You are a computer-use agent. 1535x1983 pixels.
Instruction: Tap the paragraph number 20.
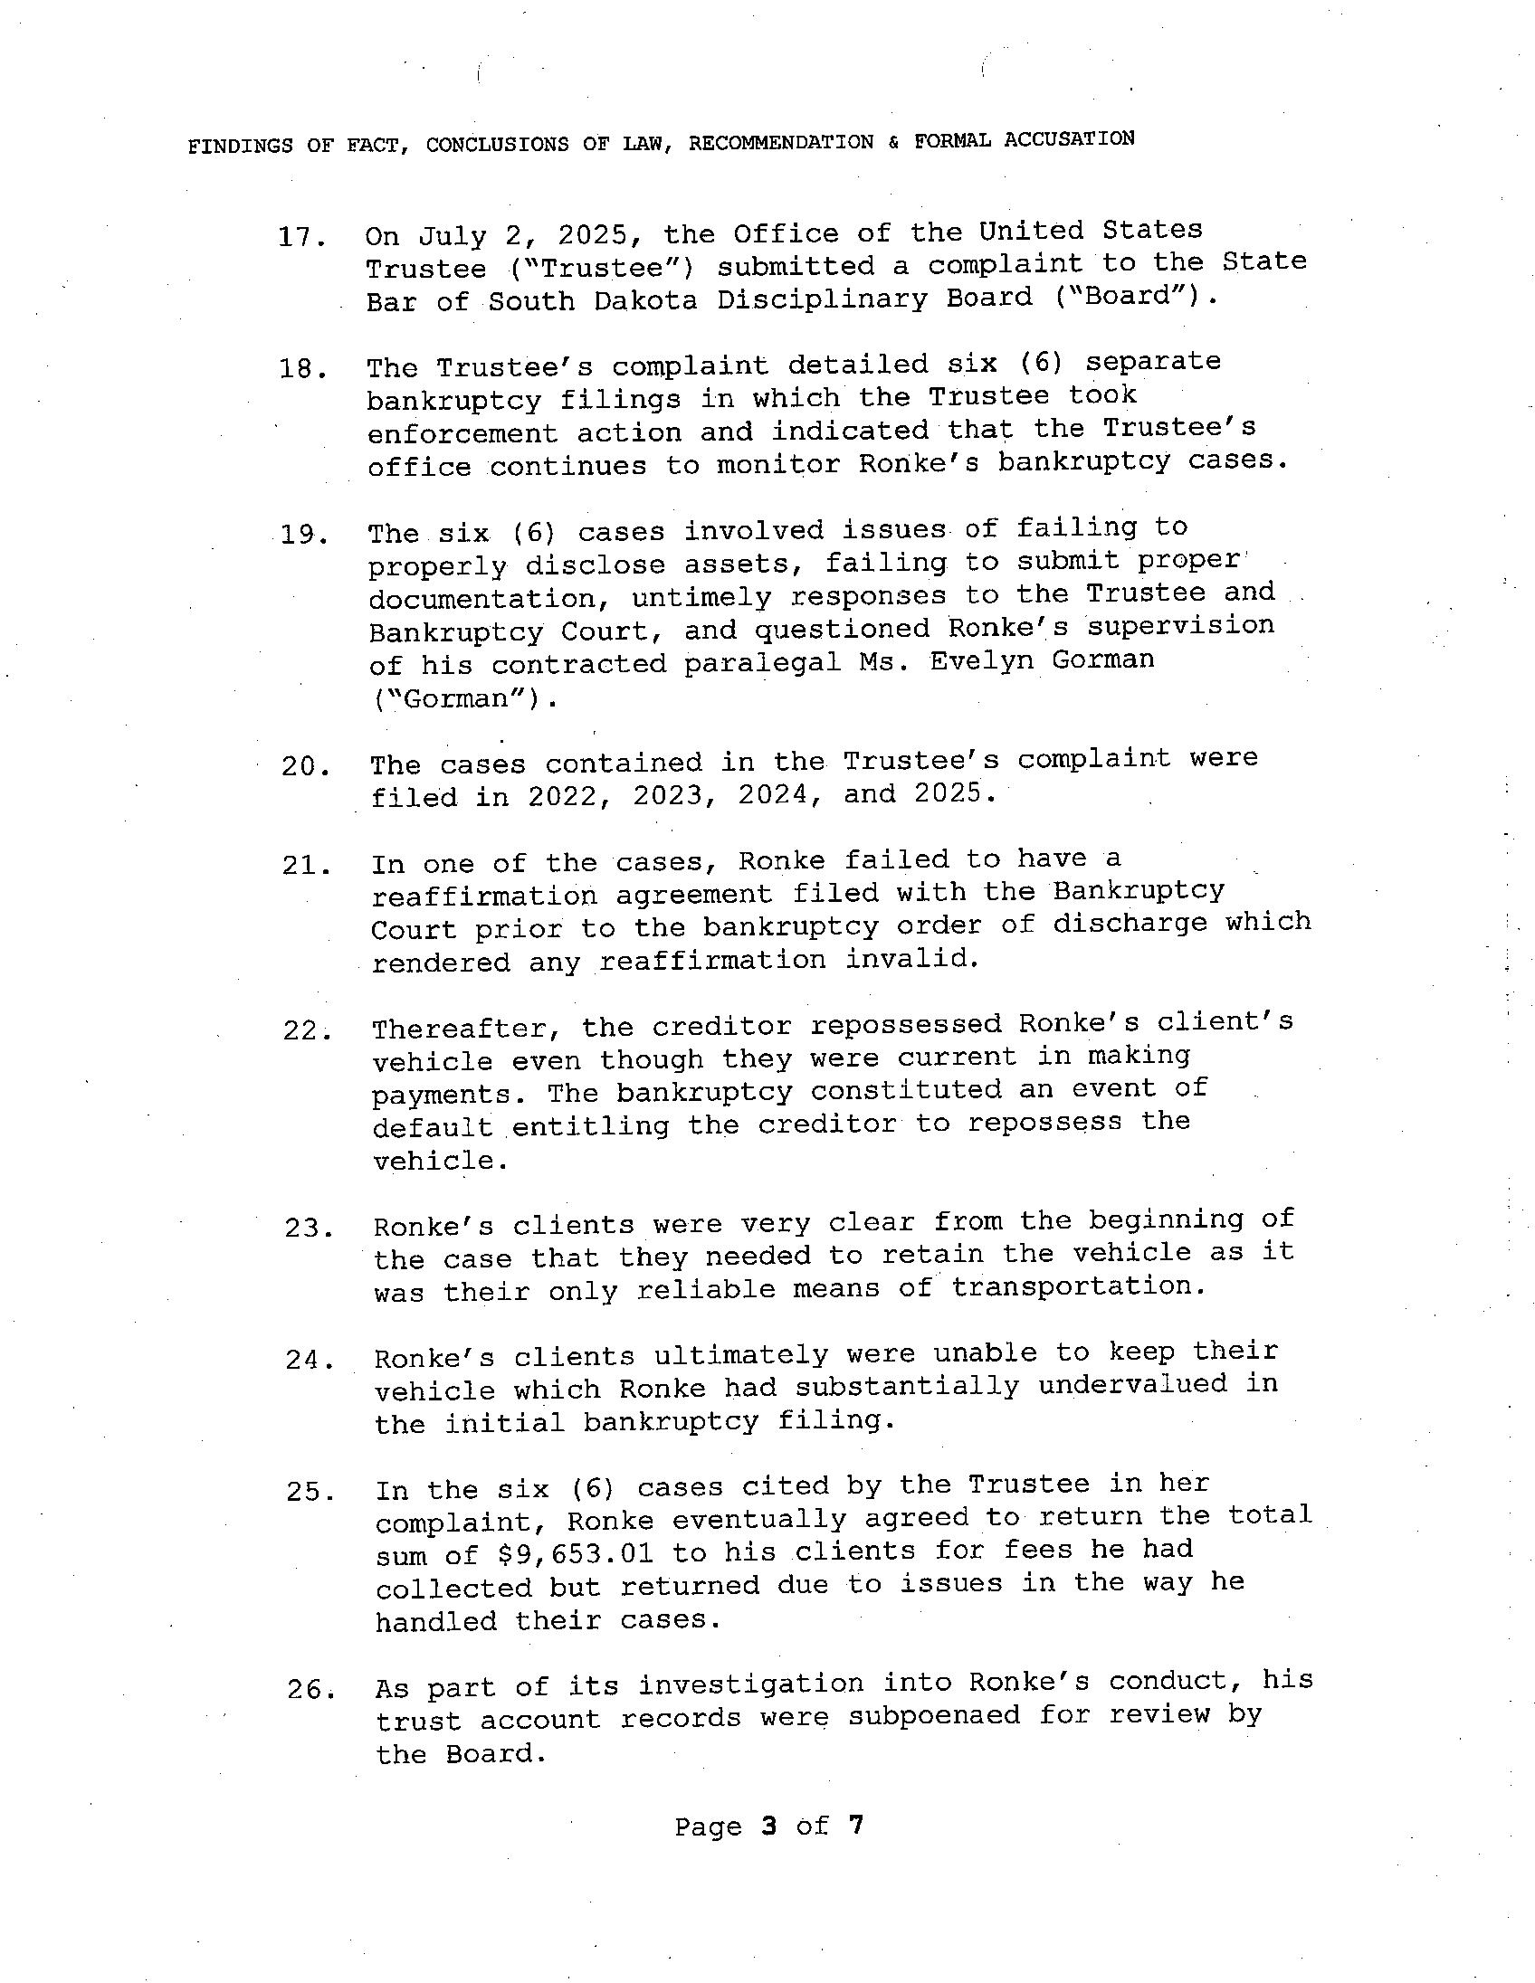304,767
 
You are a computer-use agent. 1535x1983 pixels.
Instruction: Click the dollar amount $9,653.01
576,1554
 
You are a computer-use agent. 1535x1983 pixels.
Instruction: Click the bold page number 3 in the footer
768,1825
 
